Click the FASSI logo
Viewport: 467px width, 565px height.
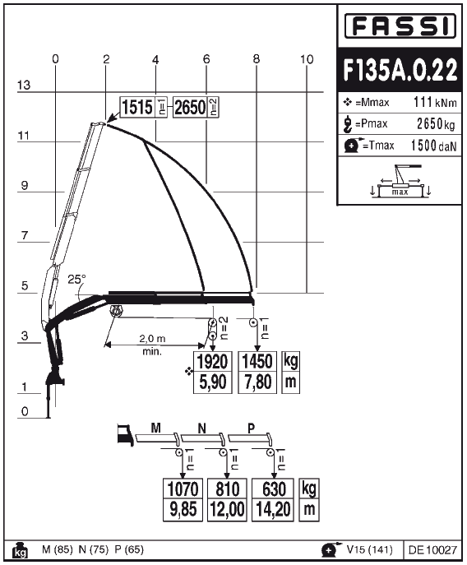[400, 26]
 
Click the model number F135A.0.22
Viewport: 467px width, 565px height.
[400, 70]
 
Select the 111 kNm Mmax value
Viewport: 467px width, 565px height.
[435, 102]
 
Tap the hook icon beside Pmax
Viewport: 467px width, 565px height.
[347, 124]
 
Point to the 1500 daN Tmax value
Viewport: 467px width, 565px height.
[434, 146]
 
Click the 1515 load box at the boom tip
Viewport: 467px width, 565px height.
[137, 107]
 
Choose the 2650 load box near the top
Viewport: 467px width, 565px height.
[190, 107]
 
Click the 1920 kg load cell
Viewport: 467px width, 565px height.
[213, 362]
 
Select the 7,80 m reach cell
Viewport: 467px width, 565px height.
[257, 382]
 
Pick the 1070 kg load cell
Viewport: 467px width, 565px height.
[183, 489]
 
